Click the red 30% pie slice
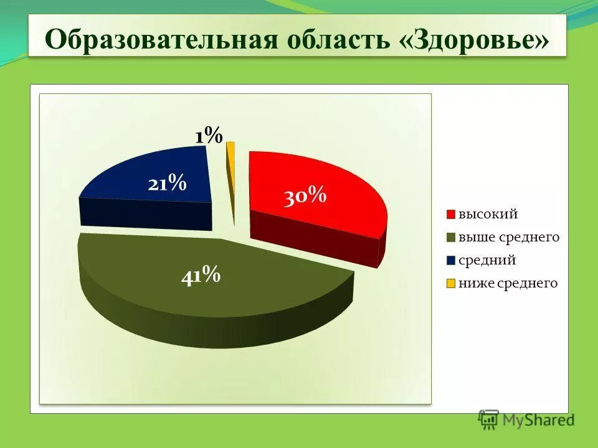[336, 187]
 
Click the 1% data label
[208, 135]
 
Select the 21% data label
[167, 184]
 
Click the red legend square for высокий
[451, 215]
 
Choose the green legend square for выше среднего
[451, 238]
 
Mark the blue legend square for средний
[451, 261]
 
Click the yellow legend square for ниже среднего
[451, 284]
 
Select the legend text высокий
[488, 215]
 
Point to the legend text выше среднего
[509, 238]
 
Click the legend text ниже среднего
[508, 284]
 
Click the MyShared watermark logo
[526, 419]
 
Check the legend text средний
[487, 261]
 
